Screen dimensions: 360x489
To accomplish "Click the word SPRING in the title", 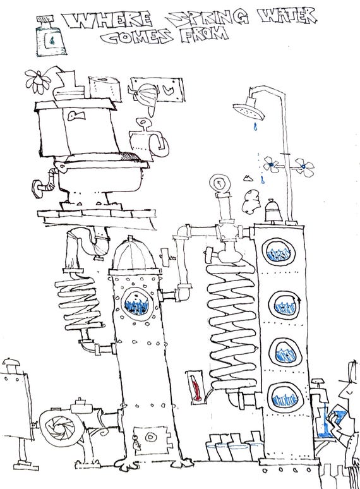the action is (x=207, y=19).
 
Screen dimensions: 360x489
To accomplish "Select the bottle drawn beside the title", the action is (x=50, y=36).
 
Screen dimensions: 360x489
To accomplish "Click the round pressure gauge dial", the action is (x=220, y=183).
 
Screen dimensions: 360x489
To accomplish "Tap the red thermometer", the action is (x=196, y=387).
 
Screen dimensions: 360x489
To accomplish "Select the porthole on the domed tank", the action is (x=138, y=304).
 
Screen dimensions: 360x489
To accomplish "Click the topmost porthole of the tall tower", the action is (x=279, y=253).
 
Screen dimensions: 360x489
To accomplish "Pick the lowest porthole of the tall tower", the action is (x=284, y=398).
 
